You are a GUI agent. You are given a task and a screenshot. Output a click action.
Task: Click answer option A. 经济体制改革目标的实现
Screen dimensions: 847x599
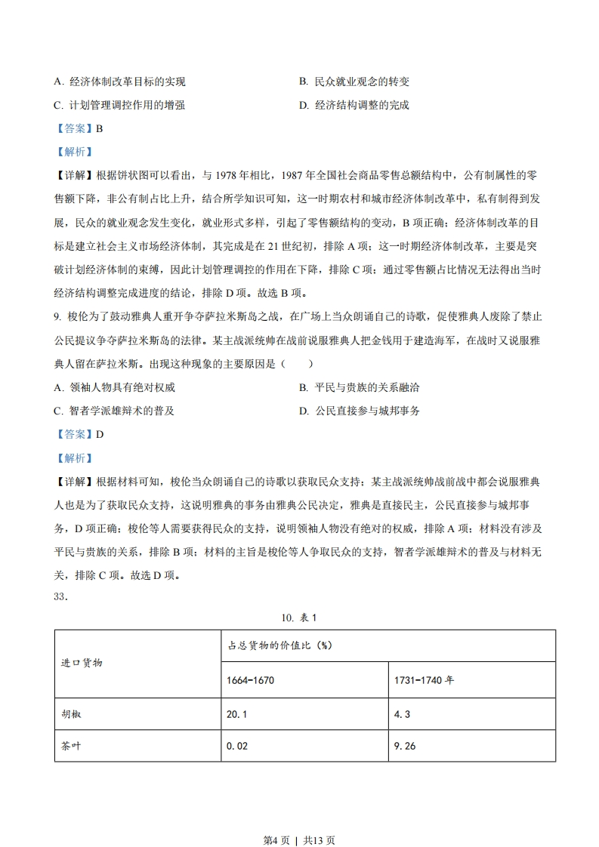click(120, 82)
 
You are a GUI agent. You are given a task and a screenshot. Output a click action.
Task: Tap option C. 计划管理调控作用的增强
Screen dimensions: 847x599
click(120, 106)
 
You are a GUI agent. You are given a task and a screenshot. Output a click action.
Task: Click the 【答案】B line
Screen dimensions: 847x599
click(79, 128)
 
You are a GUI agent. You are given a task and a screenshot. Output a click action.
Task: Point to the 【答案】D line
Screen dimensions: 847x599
click(79, 434)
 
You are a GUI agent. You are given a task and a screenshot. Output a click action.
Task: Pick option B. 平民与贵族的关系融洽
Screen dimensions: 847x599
click(360, 388)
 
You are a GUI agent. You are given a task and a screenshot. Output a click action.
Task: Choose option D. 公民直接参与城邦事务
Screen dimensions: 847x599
click(360, 411)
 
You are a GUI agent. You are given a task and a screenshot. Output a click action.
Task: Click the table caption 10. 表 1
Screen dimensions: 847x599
click(298, 618)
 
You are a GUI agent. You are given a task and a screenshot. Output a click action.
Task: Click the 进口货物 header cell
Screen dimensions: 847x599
click(82, 663)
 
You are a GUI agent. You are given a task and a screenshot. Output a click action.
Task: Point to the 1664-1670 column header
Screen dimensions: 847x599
click(250, 680)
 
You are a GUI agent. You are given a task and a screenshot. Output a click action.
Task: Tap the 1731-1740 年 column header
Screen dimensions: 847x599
click(424, 680)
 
